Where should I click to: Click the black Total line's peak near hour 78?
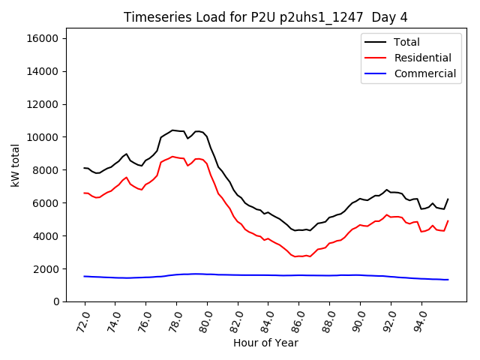click(172, 130)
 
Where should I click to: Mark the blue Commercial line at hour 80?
click(207, 274)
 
